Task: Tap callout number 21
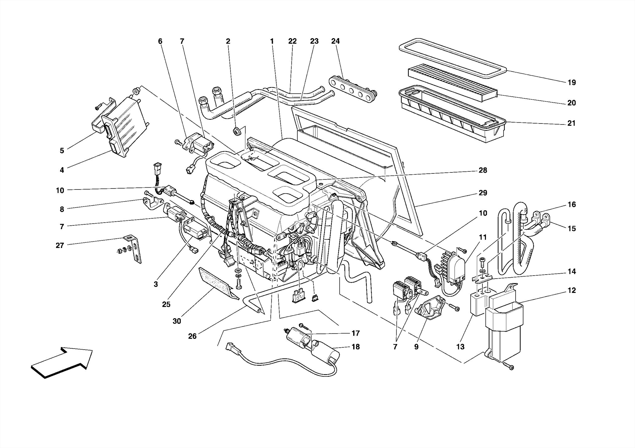pos(571,123)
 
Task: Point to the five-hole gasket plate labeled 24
pos(352,89)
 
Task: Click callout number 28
pos(483,170)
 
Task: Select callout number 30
pos(176,321)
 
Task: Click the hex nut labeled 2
pos(236,131)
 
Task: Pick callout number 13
pos(460,347)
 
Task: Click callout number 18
pos(356,347)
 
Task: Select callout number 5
pos(62,150)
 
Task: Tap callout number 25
pos(166,304)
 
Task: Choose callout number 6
pos(160,41)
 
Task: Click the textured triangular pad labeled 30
pos(217,284)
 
